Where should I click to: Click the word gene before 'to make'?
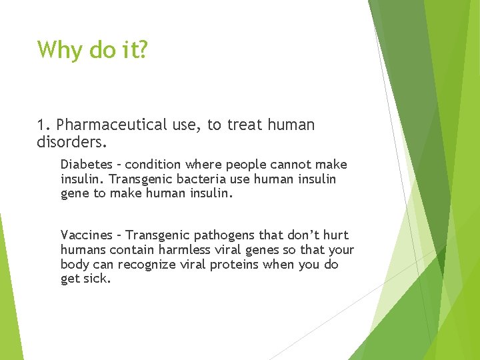point(73,193)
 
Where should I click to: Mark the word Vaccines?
point(85,235)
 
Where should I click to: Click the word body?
point(73,264)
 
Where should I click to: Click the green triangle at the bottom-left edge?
point(8,300)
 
